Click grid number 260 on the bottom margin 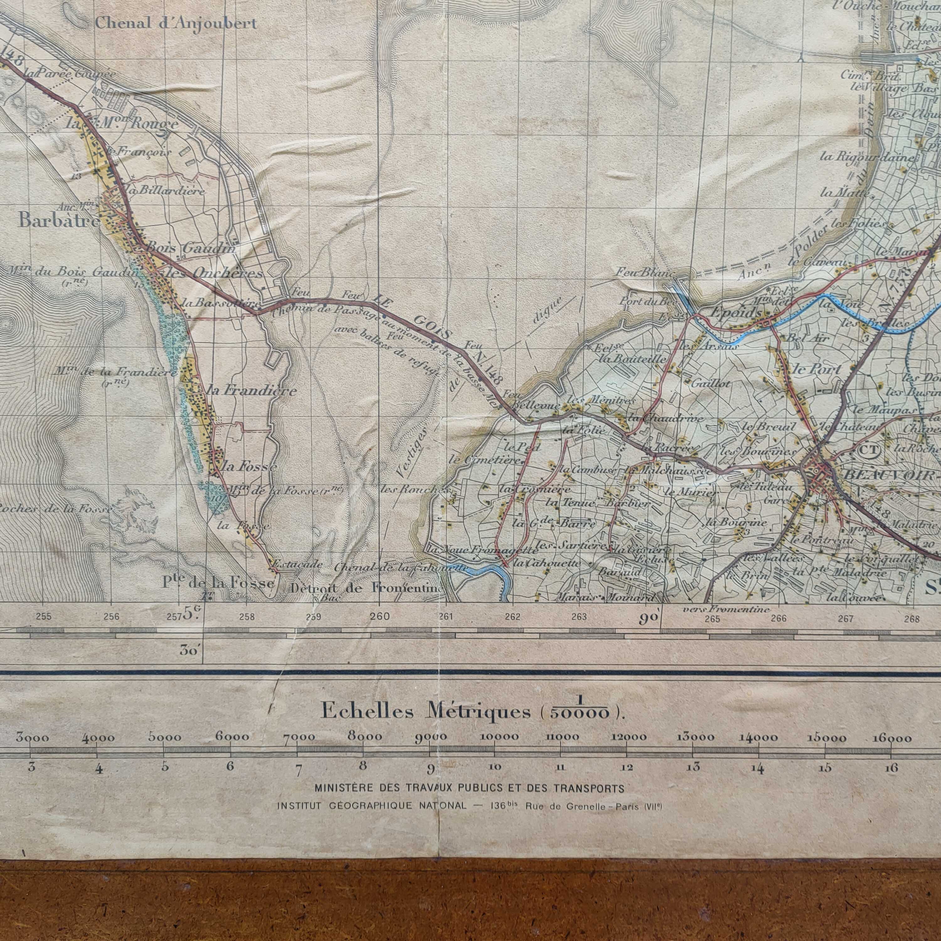click(x=380, y=616)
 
